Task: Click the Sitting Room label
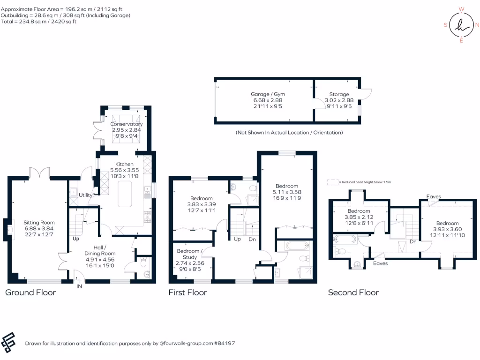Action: (39, 223)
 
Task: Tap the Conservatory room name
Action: (127, 124)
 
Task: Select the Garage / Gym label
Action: (268, 94)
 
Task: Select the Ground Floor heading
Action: (30, 292)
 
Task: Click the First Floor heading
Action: (187, 292)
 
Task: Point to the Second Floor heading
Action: (353, 292)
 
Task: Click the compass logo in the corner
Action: (461, 25)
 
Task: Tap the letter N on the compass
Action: (477, 25)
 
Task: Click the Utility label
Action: (85, 195)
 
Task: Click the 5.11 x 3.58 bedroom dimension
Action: (287, 192)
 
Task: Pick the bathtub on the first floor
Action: (292, 245)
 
